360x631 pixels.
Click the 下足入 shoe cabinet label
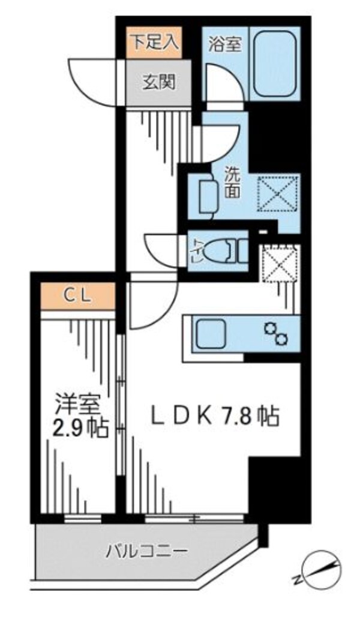tap(155, 42)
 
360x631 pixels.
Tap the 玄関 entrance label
tap(158, 82)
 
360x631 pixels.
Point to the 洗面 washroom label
tap(233, 183)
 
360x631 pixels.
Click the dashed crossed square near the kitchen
tap(278, 262)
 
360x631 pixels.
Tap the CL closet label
tap(78, 295)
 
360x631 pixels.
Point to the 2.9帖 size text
tap(79, 429)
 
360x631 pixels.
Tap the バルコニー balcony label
tap(148, 549)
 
